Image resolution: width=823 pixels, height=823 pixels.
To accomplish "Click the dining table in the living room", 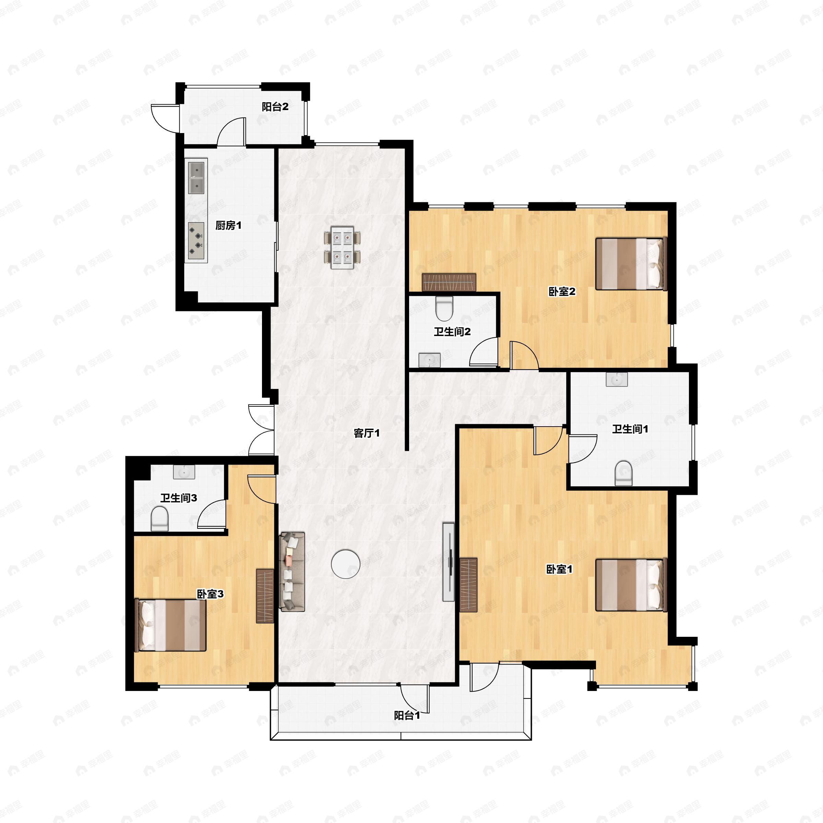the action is (342, 250).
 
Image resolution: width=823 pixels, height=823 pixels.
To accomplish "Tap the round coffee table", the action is (345, 564).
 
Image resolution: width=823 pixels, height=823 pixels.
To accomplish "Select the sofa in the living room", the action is (292, 572).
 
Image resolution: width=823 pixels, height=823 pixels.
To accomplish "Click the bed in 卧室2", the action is (631, 264).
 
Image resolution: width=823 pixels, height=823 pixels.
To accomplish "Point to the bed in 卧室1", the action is (631, 585).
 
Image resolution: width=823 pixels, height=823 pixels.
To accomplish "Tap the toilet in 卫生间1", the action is (624, 473).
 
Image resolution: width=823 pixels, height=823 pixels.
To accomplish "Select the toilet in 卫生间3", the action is (160, 519).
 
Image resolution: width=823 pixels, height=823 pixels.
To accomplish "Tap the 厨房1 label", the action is (228, 225).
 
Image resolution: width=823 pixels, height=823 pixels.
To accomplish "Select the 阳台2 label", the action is (275, 107).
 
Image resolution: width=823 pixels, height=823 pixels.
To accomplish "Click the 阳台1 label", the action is (407, 715).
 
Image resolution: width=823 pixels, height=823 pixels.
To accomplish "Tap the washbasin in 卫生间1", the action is (617, 379).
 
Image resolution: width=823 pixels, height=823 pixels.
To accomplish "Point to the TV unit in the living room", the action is (449, 562).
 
